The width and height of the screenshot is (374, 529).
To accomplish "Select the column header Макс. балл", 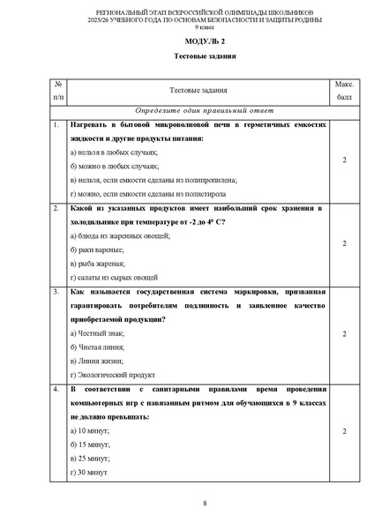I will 344,89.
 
